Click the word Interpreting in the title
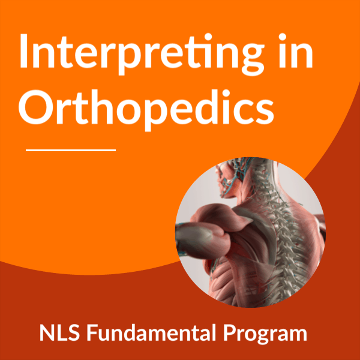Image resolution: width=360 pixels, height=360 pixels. [142, 55]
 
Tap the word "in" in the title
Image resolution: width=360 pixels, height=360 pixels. [296, 50]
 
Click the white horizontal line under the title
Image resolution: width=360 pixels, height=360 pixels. [71, 151]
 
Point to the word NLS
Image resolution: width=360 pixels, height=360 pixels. [59, 332]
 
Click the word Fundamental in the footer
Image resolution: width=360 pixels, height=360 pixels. [151, 332]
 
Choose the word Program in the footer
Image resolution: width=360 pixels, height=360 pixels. [265, 335]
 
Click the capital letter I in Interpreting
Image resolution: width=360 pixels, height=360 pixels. [23, 51]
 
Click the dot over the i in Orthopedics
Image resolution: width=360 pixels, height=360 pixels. [226, 93]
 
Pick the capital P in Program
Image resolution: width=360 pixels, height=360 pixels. [230, 332]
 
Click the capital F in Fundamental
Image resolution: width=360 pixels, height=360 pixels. [92, 332]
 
